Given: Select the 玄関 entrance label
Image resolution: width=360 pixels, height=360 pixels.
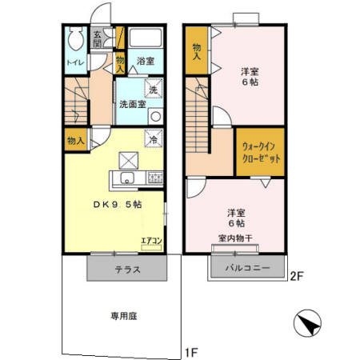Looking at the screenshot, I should [97, 38].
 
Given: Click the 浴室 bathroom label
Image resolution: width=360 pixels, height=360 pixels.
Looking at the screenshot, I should [144, 61].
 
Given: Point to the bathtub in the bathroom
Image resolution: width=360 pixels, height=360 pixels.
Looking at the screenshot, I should [145, 39].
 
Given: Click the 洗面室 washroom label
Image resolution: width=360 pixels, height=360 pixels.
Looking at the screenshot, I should [132, 104].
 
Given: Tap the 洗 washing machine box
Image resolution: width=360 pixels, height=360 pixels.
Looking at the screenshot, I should [153, 90].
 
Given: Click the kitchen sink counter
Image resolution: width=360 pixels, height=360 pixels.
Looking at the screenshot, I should [128, 178].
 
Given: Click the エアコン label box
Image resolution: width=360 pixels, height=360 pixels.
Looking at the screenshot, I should [151, 240].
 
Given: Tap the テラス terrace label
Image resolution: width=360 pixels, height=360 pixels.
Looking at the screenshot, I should [127, 270].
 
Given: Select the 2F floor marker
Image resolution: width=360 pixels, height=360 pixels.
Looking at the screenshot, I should [297, 277].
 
